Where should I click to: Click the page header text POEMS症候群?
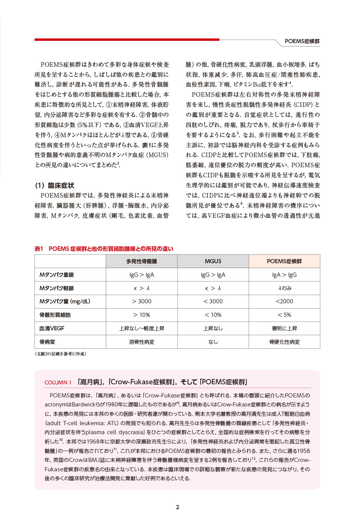point(302,41)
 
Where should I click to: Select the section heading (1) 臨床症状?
point(54,185)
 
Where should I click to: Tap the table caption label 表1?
point(39,249)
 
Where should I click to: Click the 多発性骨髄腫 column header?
point(141,261)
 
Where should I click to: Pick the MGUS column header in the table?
point(213,261)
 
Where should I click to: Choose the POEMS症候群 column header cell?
point(284,261)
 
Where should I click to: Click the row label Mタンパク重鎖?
point(57,275)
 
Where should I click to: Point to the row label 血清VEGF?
point(52,328)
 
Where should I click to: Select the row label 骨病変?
point(47,342)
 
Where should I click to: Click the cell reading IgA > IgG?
point(284,275)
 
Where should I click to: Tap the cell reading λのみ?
point(284,288)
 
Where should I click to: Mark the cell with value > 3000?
point(141,301)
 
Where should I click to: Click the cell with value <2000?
point(284,301)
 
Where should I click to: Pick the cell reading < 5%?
point(284,315)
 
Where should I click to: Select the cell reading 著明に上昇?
point(284,328)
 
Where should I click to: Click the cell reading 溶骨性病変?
point(141,342)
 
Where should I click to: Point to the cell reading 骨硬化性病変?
point(284,342)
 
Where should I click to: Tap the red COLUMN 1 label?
point(58,382)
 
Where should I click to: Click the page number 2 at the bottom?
point(177,507)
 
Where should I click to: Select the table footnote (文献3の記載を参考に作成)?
point(60,354)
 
